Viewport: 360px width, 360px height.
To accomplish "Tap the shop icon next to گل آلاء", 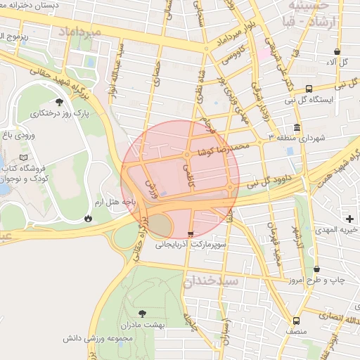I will point(337,51).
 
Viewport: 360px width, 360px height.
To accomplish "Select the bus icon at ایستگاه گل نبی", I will point(309,89).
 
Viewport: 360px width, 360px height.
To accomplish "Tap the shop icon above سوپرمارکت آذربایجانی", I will point(191,234).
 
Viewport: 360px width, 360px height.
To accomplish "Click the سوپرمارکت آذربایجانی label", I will point(191,246).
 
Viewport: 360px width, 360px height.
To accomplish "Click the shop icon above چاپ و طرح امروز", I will point(316,269).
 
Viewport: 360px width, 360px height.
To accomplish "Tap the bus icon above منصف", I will point(296,321).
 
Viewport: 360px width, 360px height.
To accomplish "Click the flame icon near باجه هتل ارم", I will point(88,218).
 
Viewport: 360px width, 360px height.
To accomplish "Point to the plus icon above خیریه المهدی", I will point(350,219).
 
